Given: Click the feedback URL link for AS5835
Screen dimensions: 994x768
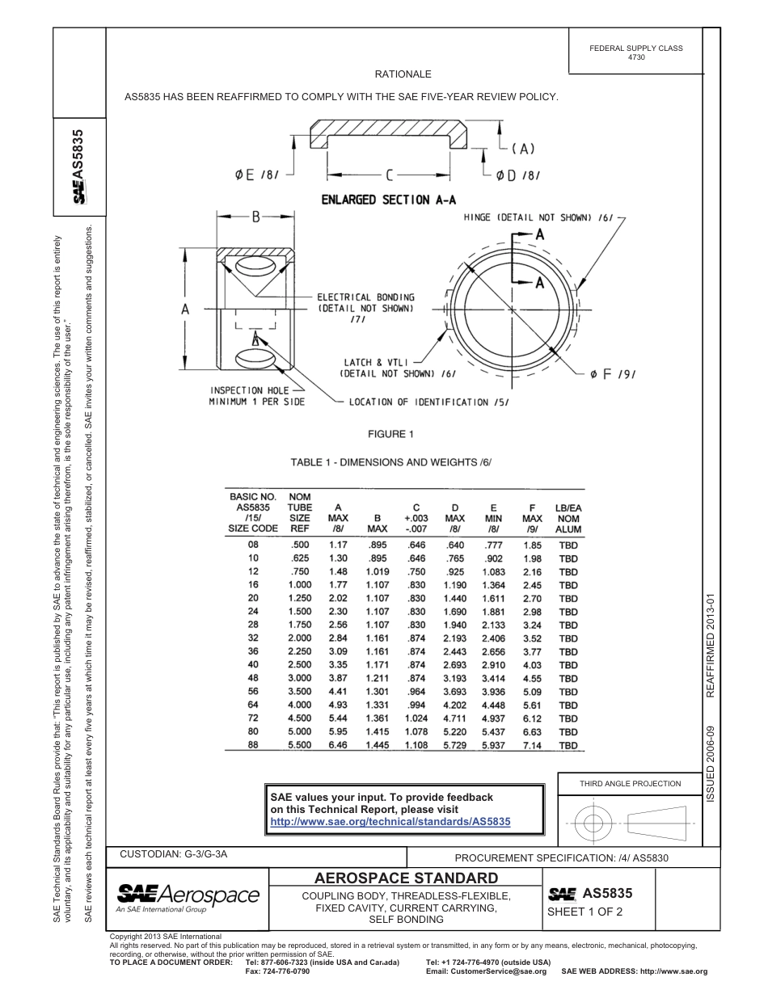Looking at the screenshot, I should (x=390, y=821).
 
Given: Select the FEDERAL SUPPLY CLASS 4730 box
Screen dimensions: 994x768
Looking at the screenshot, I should (x=635, y=53).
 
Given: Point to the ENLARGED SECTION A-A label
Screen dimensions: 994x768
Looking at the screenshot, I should (x=387, y=200).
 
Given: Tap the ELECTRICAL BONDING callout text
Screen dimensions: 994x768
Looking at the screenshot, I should (x=365, y=303).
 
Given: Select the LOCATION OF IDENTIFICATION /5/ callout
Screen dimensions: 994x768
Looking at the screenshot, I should (x=428, y=402).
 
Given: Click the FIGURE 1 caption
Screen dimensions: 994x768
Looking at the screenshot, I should (x=390, y=434).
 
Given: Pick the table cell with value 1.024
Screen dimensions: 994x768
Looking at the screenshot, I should (x=416, y=718).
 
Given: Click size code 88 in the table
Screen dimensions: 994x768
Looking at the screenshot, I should (x=253, y=744).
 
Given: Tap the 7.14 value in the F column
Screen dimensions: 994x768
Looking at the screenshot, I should (x=532, y=744).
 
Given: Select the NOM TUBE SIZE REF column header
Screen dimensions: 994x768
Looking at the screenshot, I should (x=300, y=512).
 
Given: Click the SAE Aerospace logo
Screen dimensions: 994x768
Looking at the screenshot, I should (x=188, y=896).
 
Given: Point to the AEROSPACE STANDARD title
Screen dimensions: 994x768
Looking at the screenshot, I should (x=406, y=878).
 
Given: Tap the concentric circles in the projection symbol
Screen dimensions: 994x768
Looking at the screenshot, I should (x=594, y=823).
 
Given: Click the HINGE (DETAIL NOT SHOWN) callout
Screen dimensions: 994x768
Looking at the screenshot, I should (x=538, y=217).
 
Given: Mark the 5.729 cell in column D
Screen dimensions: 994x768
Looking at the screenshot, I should (x=455, y=744).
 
